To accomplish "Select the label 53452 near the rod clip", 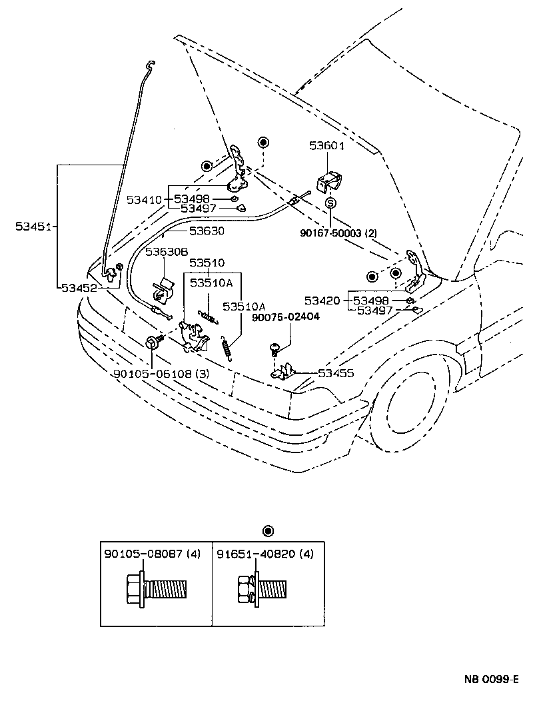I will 79,288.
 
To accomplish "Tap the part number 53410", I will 145,199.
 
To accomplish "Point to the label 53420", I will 322,301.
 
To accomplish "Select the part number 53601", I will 327,145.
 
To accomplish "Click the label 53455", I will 336,374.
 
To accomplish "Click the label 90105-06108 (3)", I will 152,374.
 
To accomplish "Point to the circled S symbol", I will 330,203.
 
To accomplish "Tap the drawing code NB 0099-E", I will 491,680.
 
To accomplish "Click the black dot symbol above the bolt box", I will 268,531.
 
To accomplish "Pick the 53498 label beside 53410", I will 193,199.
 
